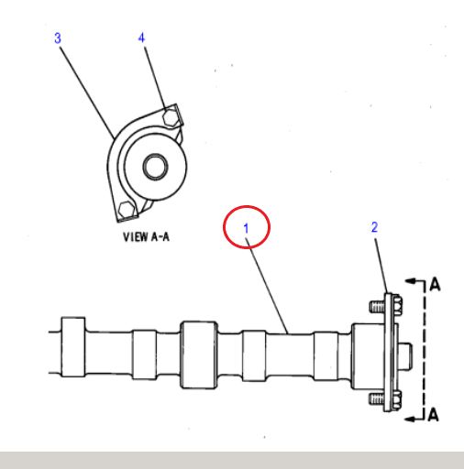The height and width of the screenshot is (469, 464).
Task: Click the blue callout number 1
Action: pyautogui.click(x=246, y=228)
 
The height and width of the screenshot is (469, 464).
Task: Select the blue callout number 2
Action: pyautogui.click(x=374, y=227)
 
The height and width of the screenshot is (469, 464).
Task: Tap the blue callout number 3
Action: pyautogui.click(x=58, y=38)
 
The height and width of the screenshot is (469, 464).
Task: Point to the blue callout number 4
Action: pyautogui.click(x=141, y=38)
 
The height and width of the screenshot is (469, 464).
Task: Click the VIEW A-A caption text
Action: pyautogui.click(x=146, y=237)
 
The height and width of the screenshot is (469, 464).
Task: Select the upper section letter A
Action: pyautogui.click(x=435, y=284)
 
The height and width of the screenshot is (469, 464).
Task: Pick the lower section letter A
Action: pyautogui.click(x=433, y=415)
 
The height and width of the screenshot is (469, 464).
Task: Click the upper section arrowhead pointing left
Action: pyautogui.click(x=410, y=281)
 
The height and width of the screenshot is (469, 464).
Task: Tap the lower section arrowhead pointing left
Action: pyautogui.click(x=410, y=419)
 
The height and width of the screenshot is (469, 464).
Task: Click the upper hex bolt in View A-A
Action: pyautogui.click(x=170, y=117)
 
